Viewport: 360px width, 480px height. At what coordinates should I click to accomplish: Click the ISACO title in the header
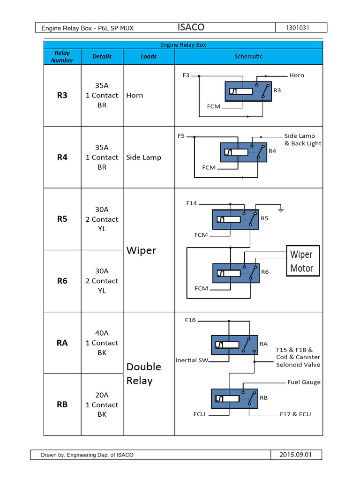191,28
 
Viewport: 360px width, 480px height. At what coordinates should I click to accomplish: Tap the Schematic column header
248,57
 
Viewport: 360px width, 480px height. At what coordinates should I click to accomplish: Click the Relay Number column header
62,57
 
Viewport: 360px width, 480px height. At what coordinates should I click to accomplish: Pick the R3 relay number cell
62,95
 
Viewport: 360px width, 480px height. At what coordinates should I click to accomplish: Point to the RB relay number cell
62,405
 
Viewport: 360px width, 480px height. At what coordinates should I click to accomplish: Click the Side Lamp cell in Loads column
143,157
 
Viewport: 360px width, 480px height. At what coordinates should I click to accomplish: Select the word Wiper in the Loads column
141,250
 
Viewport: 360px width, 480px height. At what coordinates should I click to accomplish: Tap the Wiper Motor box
303,261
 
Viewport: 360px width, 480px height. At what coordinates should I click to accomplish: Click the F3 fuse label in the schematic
186,75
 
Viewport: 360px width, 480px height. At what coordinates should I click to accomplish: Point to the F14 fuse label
191,203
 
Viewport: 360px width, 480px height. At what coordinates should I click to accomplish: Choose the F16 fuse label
190,320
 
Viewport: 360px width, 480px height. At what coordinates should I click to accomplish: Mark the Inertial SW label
192,360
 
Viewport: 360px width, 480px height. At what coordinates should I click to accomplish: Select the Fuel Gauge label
304,382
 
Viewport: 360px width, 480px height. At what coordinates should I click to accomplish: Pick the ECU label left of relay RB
199,414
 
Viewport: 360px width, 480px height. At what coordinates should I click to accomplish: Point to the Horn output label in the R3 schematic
297,75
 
